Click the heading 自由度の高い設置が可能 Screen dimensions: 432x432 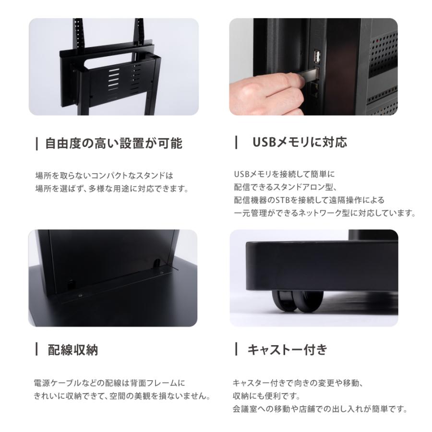tap(114, 143)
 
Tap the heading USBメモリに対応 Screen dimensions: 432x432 tap(300, 143)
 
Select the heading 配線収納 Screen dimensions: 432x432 tap(73, 350)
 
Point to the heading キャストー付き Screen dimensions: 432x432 tap(287, 349)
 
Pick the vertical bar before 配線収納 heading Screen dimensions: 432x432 tap(37, 350)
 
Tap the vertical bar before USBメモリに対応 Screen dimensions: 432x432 tap(236, 143)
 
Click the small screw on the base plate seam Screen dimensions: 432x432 tap(80, 296)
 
